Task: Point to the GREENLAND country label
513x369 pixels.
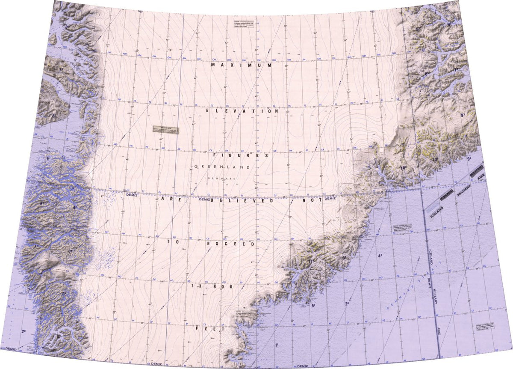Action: (218, 166)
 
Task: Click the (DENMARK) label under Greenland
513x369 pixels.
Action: (222, 177)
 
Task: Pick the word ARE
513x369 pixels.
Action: (171, 199)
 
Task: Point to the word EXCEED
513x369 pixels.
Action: (231, 244)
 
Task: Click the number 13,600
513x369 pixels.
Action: (212, 286)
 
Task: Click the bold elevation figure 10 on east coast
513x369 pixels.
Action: (403, 168)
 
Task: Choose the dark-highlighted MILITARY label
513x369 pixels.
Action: (463, 188)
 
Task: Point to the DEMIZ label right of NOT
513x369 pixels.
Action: (330, 199)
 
